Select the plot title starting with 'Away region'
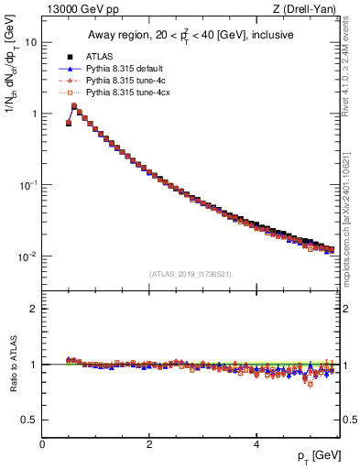pos(190,36)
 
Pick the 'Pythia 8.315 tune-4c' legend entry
pos(125,81)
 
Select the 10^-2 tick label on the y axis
pos(28,256)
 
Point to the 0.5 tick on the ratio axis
pos(29,420)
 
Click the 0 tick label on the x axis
pos(42,443)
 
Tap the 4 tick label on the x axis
pos(256,443)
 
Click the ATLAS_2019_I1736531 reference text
pos(190,274)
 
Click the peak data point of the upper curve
pos(74,105)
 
